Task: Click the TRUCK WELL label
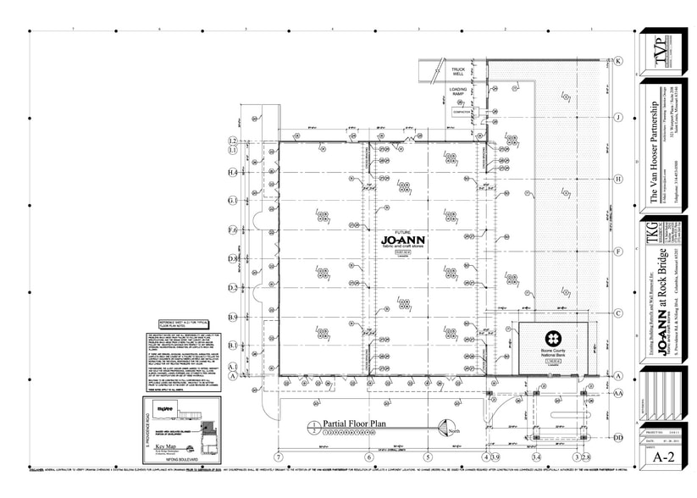point(458,71)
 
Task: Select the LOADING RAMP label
point(458,91)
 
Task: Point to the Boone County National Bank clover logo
point(551,335)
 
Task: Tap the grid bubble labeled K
point(618,61)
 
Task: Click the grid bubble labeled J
point(618,117)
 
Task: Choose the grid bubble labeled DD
point(618,437)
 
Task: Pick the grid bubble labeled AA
point(618,393)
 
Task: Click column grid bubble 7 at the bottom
point(277,457)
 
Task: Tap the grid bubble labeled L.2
point(232,140)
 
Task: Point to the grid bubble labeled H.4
point(232,172)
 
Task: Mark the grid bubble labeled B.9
point(232,317)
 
